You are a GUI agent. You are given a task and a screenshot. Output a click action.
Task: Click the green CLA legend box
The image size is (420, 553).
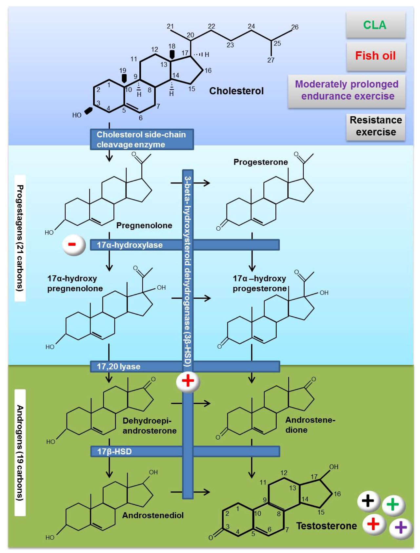point(375,25)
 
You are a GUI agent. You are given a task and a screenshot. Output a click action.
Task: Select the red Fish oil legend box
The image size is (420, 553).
point(376,56)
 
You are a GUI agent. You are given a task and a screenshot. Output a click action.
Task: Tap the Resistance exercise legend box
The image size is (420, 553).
point(376,126)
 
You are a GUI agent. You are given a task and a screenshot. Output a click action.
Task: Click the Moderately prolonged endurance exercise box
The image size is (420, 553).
point(347,90)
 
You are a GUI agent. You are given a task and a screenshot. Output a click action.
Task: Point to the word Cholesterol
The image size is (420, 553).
point(236,91)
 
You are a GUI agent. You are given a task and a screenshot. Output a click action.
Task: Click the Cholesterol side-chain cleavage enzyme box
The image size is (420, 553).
point(142,140)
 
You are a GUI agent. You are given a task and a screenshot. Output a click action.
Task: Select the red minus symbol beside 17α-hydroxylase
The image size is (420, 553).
point(73,244)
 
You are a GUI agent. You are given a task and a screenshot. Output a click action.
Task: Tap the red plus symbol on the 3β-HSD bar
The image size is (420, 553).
point(188,381)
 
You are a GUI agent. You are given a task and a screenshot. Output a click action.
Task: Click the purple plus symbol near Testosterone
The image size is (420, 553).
point(400,527)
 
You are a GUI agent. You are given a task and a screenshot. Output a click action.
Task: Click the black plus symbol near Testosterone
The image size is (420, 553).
point(368,500)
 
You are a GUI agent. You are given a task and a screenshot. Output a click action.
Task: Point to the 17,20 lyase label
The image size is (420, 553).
point(119,367)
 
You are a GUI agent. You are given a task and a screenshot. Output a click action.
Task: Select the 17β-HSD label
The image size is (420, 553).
point(114,451)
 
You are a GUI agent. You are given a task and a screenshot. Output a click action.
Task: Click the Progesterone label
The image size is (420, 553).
point(260,162)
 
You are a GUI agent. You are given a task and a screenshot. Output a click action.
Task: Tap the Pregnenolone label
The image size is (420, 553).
point(144,225)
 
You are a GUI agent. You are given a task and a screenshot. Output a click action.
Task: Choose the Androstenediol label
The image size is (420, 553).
point(153,515)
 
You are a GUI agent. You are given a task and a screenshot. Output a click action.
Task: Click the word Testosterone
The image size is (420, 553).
point(327,526)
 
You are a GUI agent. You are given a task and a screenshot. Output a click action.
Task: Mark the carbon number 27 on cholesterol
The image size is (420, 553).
point(271,60)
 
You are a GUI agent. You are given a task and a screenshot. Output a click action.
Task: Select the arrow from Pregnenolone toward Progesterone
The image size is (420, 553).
point(190,183)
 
